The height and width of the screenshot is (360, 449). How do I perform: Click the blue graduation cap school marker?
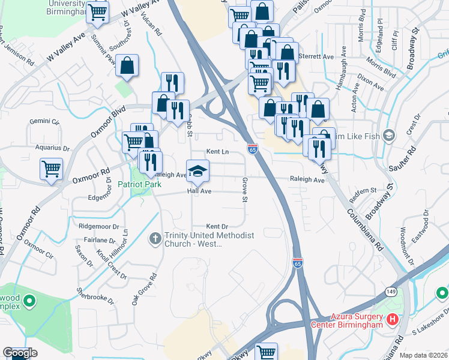(197, 172)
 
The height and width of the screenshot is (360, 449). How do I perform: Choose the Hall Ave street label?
(199, 191)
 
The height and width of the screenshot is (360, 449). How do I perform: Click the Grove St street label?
(245, 190)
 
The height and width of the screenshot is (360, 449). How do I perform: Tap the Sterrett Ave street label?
(319, 56)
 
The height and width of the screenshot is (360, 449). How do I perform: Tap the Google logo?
(20, 353)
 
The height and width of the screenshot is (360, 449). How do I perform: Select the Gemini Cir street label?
(45, 121)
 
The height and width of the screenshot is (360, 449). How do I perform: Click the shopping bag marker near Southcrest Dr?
(127, 67)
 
